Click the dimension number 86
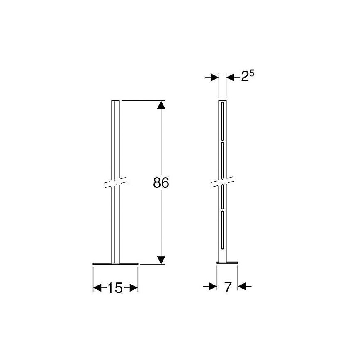coord(161,183)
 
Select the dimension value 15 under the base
coord(115,288)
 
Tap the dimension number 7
coord(227,287)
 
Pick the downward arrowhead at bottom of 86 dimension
coord(161,260)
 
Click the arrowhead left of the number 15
coord(97,288)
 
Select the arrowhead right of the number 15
coord(133,288)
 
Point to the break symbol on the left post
coord(115,183)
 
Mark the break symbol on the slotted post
coord(223,183)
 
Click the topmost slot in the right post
coord(223,120)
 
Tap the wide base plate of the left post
coord(115,263)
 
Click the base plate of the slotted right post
coord(227,262)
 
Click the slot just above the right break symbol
coord(223,160)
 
